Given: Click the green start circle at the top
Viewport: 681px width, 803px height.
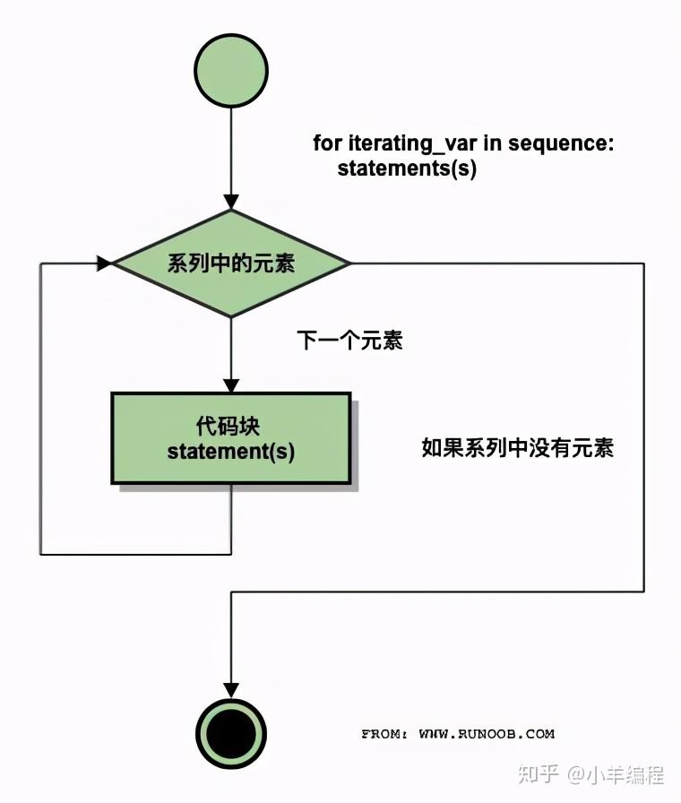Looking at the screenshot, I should pos(231,71).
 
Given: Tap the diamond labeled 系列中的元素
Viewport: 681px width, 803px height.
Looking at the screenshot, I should pos(231,263).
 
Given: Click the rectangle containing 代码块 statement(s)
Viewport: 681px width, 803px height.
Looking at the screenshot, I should pos(230,437).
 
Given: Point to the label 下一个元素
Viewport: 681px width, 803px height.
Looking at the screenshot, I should pos(349,341).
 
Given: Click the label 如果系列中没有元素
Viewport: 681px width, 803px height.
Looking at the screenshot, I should pos(517,447).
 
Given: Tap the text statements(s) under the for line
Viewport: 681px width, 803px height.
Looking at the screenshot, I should pos(407,168).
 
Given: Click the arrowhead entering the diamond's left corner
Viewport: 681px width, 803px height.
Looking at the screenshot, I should pos(105,263).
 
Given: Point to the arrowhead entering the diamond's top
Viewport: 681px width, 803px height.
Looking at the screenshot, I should pos(231,202).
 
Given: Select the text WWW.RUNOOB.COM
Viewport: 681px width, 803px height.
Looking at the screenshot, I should pos(487,734).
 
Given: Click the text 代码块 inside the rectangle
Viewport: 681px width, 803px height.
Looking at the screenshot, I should pos(230,424).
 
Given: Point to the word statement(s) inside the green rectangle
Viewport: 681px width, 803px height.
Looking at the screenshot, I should pos(230,451).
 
